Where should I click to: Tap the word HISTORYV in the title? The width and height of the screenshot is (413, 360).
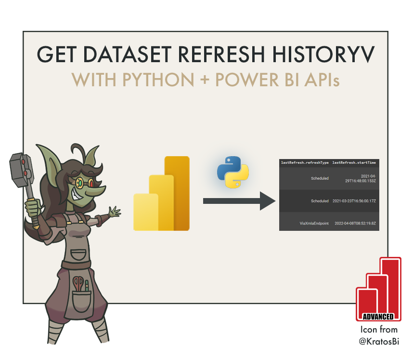(x=321, y=54)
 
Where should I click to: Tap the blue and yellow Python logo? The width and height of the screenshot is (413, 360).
(x=233, y=172)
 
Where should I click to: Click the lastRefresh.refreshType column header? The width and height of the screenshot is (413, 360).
(x=305, y=163)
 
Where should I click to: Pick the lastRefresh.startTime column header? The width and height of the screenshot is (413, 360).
(x=354, y=163)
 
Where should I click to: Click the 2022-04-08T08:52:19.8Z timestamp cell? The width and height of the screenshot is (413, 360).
(x=354, y=223)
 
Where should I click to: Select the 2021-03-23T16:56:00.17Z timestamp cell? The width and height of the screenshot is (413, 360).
(x=354, y=201)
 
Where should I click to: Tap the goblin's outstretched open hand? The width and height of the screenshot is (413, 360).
(x=114, y=212)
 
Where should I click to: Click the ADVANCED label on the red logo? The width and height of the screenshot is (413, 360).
(x=378, y=317)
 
